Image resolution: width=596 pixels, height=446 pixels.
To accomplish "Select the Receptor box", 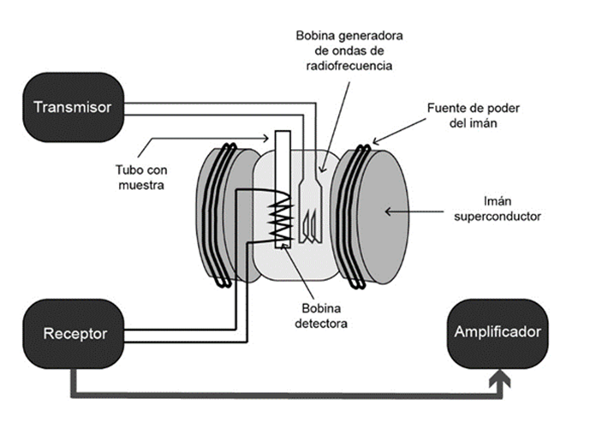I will click(74, 333).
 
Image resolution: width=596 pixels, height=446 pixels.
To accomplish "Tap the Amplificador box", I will click(498, 332).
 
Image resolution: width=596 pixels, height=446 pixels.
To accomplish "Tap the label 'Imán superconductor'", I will click(496, 210).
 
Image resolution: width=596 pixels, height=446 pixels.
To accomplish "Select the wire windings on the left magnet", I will click(224, 214).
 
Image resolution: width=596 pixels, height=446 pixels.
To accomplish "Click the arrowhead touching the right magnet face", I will click(388, 210).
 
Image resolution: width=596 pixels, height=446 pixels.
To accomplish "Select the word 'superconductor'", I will click(496, 217).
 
